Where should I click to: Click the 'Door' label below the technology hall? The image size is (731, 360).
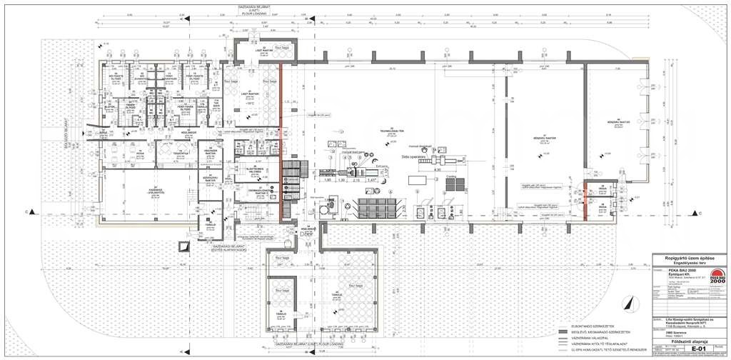(307, 234)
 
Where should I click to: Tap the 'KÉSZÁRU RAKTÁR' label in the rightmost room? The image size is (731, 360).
(615, 122)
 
